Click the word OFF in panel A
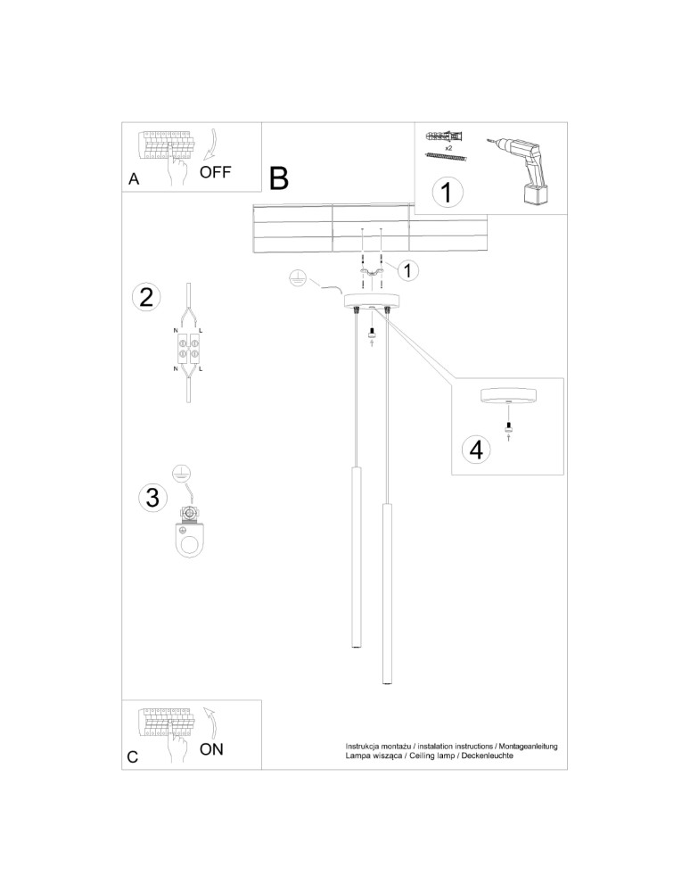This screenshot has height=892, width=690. point(215,172)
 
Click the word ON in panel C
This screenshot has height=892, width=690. point(211,749)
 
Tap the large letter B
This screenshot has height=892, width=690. point(278,178)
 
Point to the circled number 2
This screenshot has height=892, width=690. point(147,297)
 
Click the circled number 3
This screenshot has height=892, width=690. point(152,497)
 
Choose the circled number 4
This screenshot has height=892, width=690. point(477,450)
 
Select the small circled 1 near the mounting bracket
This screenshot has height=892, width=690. point(407,268)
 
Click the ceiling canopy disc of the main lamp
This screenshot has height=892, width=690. point(372,302)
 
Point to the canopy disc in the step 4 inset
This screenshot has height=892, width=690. point(507,396)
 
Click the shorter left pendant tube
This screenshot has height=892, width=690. point(354,557)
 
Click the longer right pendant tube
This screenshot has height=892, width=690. point(388,594)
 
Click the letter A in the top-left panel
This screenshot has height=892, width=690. point(134,179)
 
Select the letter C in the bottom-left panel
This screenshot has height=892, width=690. point(133,757)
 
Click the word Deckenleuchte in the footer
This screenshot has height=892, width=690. point(486,756)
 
